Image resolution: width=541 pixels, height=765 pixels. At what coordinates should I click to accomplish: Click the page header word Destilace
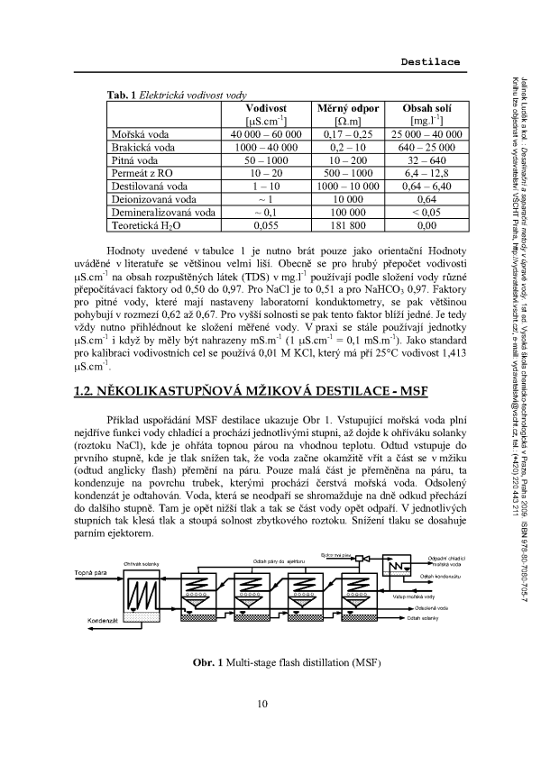pyautogui.click(x=429, y=61)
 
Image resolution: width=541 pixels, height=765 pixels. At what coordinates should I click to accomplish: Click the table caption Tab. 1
pyautogui.click(x=122, y=94)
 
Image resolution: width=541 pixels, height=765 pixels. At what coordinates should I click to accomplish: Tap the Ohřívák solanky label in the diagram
pyautogui.click(x=142, y=538)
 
